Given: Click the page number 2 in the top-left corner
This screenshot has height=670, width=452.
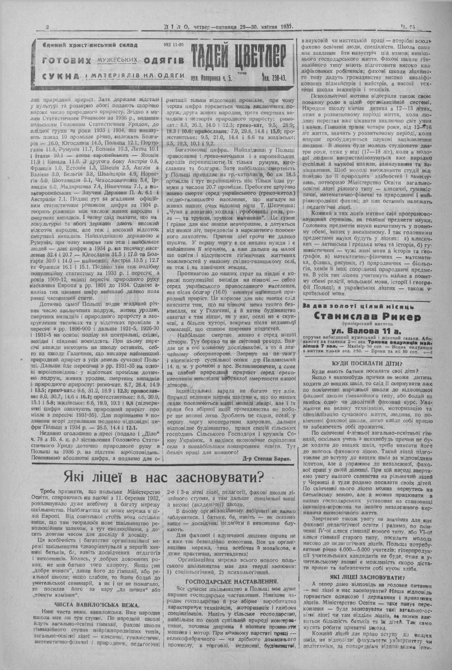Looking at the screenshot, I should click(48, 28).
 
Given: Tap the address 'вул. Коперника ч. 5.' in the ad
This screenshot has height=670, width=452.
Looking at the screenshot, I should click(212, 78).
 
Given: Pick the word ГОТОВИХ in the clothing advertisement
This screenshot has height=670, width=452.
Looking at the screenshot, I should click(67, 60).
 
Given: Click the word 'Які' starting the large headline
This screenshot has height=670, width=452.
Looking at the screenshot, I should click(75, 476).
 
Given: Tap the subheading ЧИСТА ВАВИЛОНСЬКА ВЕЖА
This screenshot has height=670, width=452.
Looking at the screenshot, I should click(97, 604).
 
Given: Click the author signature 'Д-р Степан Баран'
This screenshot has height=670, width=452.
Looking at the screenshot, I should click(265, 458).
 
